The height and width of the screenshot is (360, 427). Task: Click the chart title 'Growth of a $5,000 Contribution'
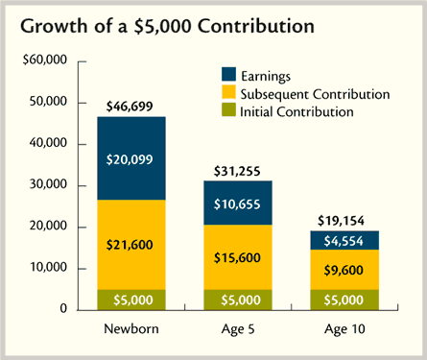coord(167,26)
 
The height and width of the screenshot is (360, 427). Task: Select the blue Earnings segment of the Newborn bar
coord(131,158)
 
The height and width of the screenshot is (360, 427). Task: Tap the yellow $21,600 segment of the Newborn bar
coord(131,245)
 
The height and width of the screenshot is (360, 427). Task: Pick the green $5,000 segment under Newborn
coord(131,300)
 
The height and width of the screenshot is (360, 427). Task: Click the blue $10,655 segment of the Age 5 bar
coord(238,203)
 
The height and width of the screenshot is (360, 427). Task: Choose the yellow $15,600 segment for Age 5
coord(238,257)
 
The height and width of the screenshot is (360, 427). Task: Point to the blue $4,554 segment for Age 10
coord(344,240)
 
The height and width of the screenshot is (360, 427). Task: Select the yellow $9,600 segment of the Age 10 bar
coord(344,270)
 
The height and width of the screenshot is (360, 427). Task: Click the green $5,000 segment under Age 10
coord(344,300)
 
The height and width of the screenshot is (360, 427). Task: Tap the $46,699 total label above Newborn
coord(130,107)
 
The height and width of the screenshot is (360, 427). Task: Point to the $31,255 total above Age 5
coord(237,171)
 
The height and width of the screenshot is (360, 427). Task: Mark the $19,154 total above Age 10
coord(341,221)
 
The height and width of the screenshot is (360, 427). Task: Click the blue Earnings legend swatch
coord(228,74)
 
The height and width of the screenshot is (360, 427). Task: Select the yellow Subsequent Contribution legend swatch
coord(228,92)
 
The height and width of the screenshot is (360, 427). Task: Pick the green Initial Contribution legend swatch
coord(228,109)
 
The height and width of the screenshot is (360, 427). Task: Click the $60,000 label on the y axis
coord(45,60)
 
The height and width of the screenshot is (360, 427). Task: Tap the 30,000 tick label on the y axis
coord(48,184)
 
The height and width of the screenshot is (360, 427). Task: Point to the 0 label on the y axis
coord(63,308)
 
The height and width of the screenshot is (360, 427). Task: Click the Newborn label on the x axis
coord(131,329)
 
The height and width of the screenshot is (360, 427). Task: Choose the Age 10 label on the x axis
coord(344,329)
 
